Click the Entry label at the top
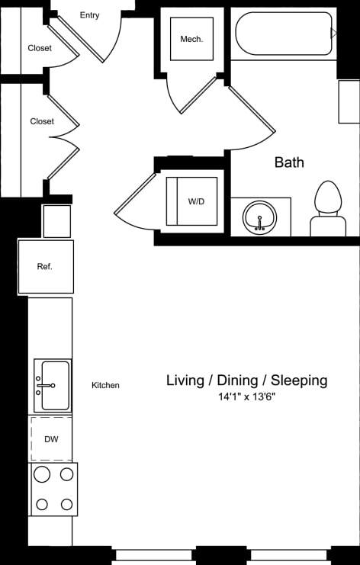coord(89,15)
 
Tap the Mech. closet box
coord(191,39)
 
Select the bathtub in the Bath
coord(284,34)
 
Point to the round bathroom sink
coord(259,217)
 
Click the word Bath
coord(289,162)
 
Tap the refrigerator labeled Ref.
coord(46,266)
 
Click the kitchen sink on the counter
coord(53,386)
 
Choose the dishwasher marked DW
coord(51,439)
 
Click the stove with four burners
coord(53,489)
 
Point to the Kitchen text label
coord(105,386)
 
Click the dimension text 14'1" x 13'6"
coord(247,397)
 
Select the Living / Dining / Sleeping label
coord(247,380)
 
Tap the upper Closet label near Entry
coord(40,48)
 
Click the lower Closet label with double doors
coord(42,121)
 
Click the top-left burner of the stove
coord(42,475)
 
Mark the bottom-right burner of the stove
coord(67,504)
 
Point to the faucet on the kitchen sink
coord(41,386)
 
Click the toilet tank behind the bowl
coord(328,226)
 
